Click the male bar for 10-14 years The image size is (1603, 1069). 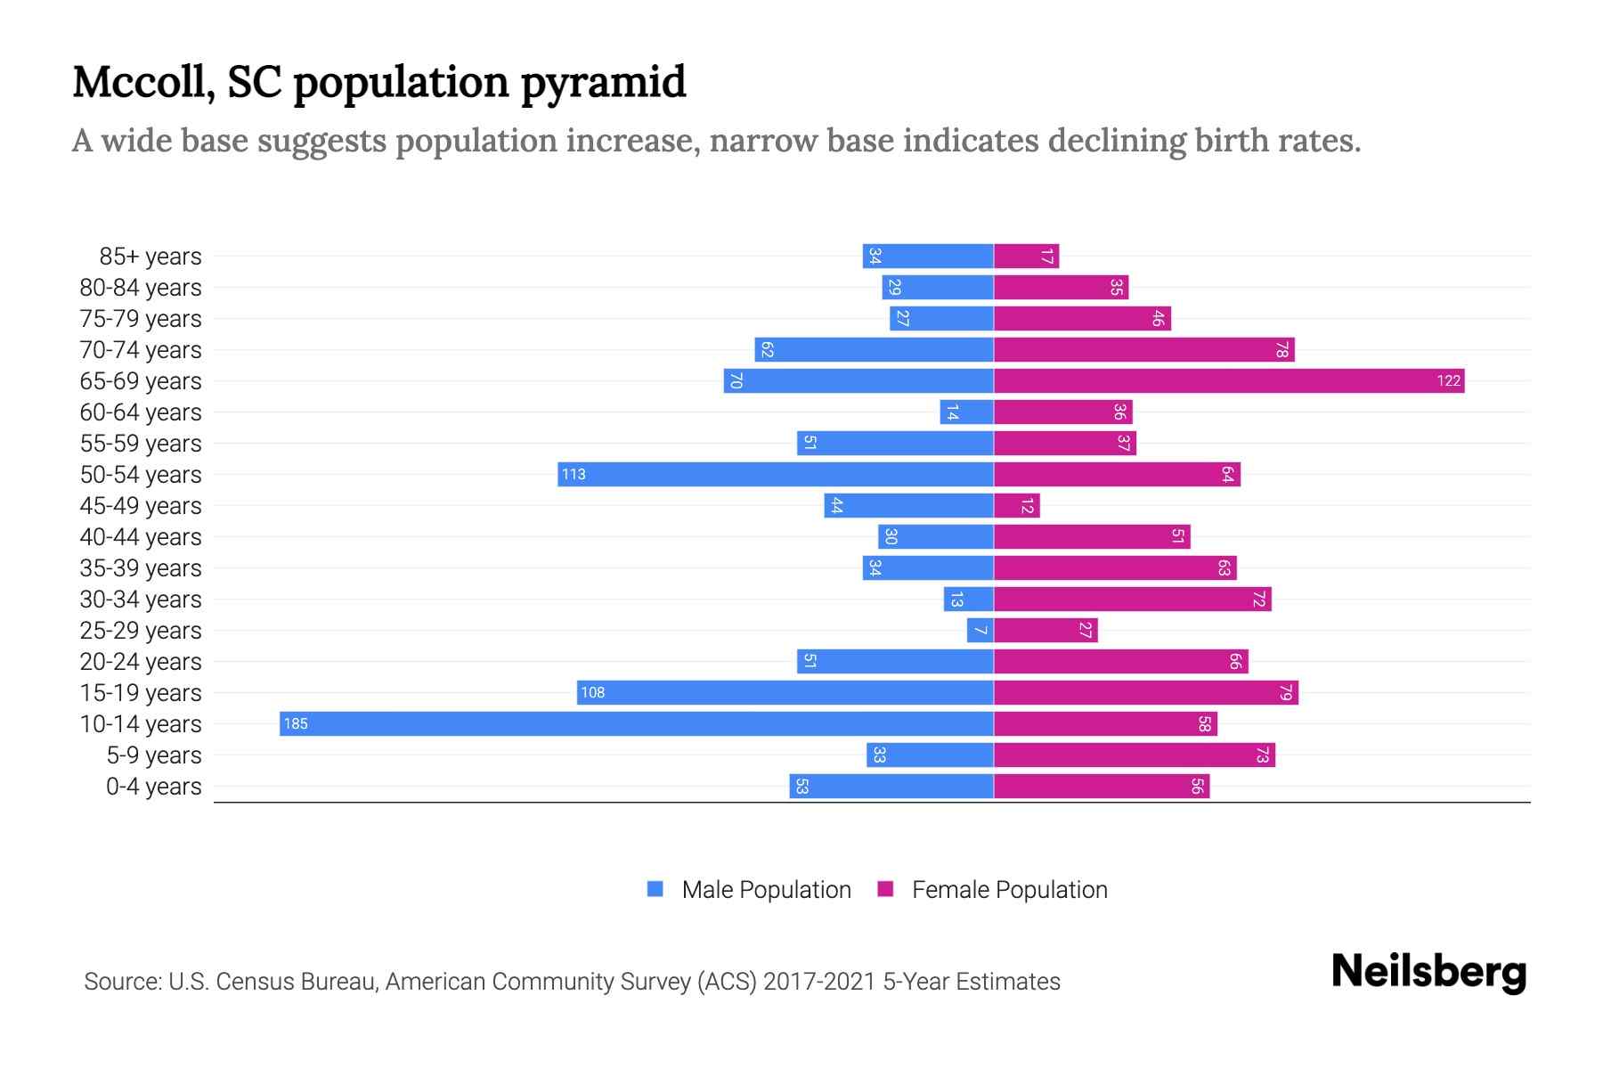click(x=636, y=723)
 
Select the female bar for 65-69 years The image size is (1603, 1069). click(x=1229, y=381)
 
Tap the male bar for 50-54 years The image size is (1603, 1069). click(x=775, y=475)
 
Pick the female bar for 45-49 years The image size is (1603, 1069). click(x=1016, y=506)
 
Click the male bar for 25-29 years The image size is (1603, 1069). click(x=980, y=631)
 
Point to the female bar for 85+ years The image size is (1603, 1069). click(x=1026, y=257)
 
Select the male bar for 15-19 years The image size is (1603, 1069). click(x=785, y=693)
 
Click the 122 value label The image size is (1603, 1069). click(x=1448, y=381)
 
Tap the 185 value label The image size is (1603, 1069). click(x=296, y=724)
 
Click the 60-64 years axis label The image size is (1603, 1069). click(x=141, y=412)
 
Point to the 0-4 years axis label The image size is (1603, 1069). click(x=153, y=787)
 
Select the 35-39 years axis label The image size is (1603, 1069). click(x=141, y=568)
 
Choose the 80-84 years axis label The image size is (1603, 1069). click(x=141, y=288)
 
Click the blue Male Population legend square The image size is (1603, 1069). click(x=655, y=889)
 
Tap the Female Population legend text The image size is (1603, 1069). click(x=1009, y=890)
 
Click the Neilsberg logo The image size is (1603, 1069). click(x=1428, y=972)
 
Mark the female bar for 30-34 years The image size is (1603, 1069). click(x=1132, y=600)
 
